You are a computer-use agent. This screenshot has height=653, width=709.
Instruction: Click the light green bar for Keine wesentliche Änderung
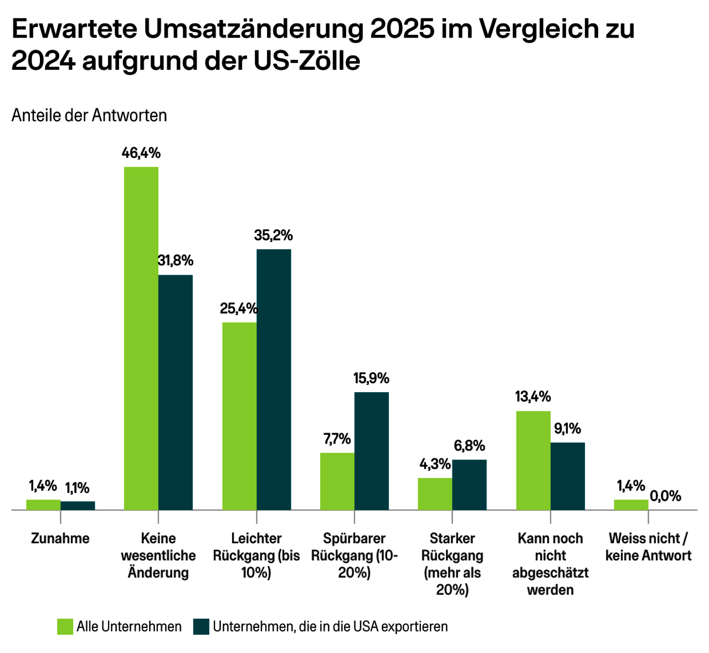tap(141, 338)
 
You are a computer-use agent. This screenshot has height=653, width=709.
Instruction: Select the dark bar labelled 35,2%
tap(274, 379)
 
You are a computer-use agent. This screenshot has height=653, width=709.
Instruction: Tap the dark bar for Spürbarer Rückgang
tap(372, 451)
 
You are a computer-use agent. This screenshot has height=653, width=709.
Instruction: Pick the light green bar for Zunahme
tap(43, 505)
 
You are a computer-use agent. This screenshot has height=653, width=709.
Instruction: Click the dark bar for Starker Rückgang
tap(470, 485)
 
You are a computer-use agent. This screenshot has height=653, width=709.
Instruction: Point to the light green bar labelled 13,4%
tap(533, 460)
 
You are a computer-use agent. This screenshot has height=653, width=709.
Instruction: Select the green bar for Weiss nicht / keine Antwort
tap(631, 505)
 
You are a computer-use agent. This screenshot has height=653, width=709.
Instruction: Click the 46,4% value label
tap(141, 153)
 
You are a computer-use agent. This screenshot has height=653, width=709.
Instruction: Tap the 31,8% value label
tap(176, 260)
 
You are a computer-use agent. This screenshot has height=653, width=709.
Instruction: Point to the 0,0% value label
tap(665, 496)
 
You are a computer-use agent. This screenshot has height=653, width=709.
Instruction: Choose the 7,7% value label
tap(337, 439)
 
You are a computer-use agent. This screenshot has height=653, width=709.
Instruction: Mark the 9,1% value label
tap(568, 428)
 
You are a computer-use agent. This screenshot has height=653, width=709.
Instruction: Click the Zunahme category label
tap(60, 538)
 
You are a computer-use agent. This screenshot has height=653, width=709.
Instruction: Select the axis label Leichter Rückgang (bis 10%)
tap(256, 555)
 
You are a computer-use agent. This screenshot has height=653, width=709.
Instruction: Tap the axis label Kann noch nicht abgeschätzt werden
tap(550, 564)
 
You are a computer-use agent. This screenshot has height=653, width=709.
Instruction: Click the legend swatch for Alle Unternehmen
tap(65, 626)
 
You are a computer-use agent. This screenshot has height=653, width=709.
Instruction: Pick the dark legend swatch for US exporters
tap(201, 626)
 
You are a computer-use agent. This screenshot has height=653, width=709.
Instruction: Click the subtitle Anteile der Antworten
tap(89, 115)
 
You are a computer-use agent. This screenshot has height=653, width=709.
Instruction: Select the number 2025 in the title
tap(402, 29)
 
